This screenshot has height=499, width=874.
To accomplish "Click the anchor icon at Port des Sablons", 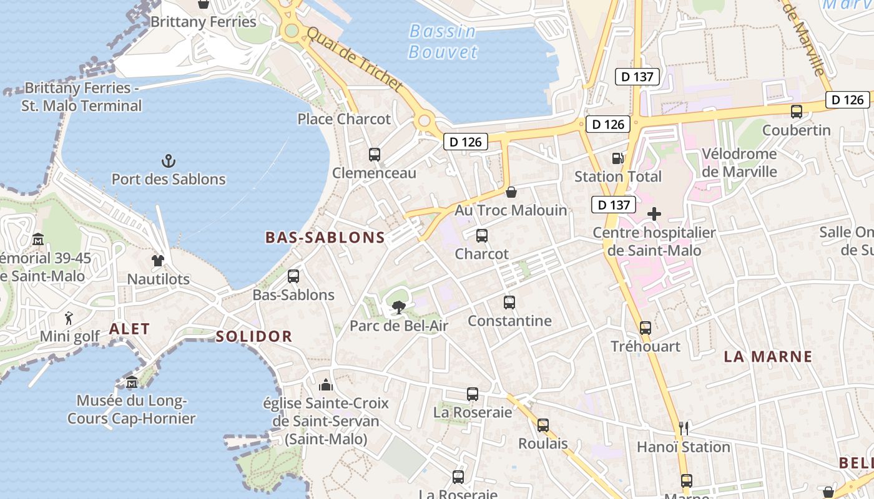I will (x=168, y=162).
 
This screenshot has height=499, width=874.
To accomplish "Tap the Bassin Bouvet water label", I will (x=443, y=41).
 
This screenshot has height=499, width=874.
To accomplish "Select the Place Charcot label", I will (x=344, y=119).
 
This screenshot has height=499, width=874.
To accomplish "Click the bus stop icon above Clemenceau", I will (x=375, y=154).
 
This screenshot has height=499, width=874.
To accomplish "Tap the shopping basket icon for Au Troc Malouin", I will (x=511, y=191).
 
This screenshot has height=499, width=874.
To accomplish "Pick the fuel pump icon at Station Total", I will (x=617, y=158).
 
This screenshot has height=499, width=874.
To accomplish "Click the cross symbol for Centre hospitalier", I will (x=654, y=215).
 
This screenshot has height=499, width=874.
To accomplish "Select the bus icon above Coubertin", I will (x=797, y=112).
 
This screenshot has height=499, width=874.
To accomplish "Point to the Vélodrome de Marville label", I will (x=739, y=162).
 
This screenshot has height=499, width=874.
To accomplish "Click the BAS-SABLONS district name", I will (x=325, y=237).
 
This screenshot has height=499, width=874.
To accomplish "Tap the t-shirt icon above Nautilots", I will (x=158, y=261).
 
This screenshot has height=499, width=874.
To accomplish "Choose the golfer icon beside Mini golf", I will (x=69, y=318).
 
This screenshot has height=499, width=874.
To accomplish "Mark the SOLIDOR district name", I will (x=254, y=337).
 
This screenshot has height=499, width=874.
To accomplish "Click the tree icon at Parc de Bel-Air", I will (x=398, y=307).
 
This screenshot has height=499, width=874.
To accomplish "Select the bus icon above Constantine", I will (x=509, y=303).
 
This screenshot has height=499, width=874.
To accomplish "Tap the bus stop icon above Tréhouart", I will (x=646, y=327).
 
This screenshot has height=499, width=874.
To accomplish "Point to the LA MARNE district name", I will (x=768, y=357).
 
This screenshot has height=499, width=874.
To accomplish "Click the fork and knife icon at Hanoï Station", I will (x=684, y=428).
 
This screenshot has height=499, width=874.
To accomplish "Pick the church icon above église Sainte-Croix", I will (x=326, y=384).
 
